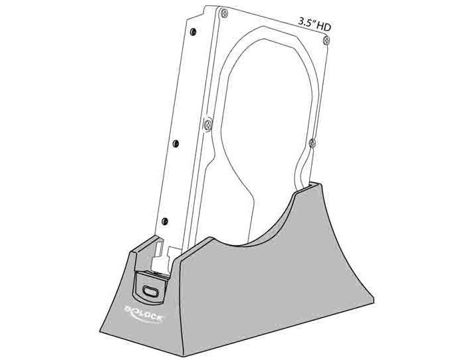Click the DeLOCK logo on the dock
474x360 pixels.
click(144, 314)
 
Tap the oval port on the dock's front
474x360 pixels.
click(150, 292)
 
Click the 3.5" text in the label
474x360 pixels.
click(306, 23)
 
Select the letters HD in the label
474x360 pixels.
click(324, 27)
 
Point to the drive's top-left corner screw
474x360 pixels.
click(224, 13)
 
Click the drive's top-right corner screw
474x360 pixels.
click(326, 41)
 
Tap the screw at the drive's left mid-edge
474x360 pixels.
click(208, 125)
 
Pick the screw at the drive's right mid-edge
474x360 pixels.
click(312, 143)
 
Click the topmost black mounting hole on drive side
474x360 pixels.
click(193, 32)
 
